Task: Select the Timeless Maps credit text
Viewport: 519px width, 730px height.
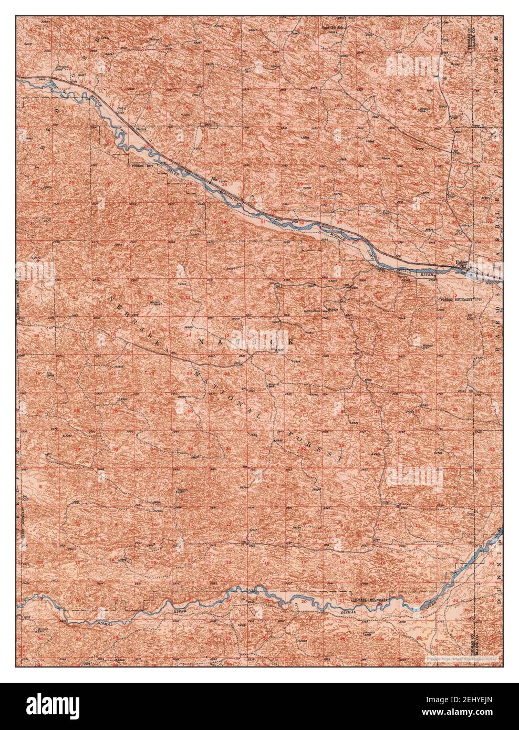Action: point(462,657)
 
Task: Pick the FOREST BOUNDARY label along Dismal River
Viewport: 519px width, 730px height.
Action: point(370,599)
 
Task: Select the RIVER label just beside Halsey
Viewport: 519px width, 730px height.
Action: point(429,273)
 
